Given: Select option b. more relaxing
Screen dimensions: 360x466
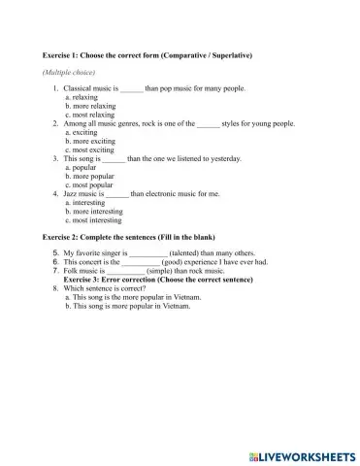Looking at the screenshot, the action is point(93,106).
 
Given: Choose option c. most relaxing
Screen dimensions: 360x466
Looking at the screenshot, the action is point(92,115).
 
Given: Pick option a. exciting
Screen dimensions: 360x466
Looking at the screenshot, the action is point(84,133).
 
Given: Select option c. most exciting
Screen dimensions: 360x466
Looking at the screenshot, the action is point(91,150).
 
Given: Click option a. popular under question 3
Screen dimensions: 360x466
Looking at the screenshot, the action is point(84,168).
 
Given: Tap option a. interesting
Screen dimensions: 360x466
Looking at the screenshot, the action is point(88,203).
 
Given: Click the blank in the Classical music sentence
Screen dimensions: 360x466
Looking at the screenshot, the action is point(132,88).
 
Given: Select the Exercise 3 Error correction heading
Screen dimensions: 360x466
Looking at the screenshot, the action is point(166,280).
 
